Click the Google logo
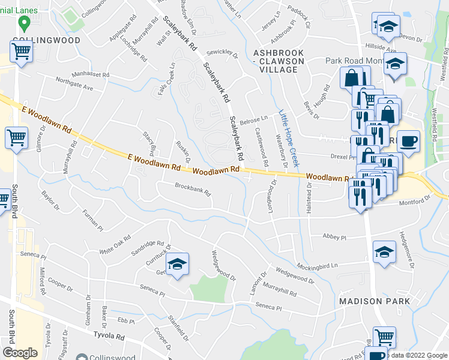20,353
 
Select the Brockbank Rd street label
193,190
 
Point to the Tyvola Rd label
108,337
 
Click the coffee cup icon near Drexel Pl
408,142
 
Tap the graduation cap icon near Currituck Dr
178,264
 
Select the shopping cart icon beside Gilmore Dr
16,137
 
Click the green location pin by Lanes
25,23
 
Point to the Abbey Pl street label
334,237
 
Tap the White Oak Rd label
115,245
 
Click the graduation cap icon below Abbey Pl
384,253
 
